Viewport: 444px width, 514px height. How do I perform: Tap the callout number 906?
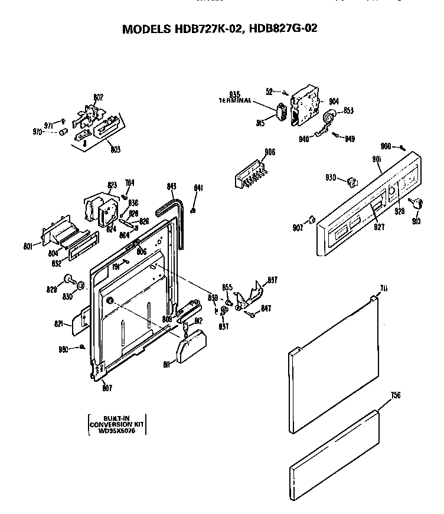[269, 152]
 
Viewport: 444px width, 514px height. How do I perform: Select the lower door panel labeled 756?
[333, 454]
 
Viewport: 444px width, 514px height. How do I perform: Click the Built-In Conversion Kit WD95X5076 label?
[117, 424]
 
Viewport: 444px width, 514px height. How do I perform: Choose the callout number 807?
[106, 388]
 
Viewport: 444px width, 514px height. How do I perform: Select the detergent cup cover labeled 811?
[192, 347]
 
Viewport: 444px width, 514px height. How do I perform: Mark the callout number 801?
[28, 245]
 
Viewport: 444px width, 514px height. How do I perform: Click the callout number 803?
[115, 149]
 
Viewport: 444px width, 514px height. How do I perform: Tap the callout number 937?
[272, 280]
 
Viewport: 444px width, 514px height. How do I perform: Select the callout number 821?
[58, 323]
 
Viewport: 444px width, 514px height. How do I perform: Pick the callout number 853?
[348, 110]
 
